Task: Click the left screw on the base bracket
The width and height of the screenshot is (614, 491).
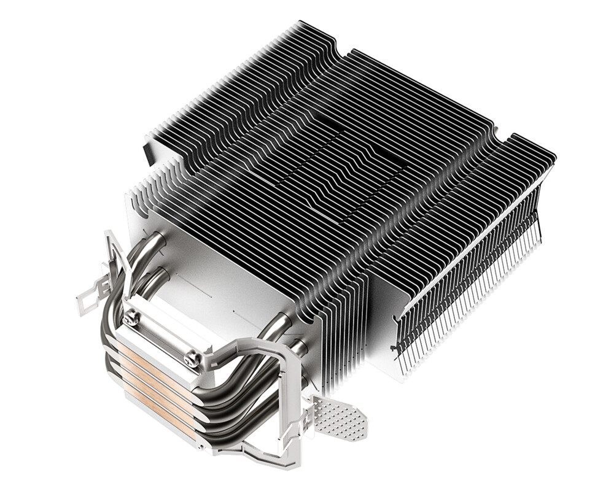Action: [131, 319]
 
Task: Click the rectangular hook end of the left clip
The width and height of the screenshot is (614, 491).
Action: [87, 301]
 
